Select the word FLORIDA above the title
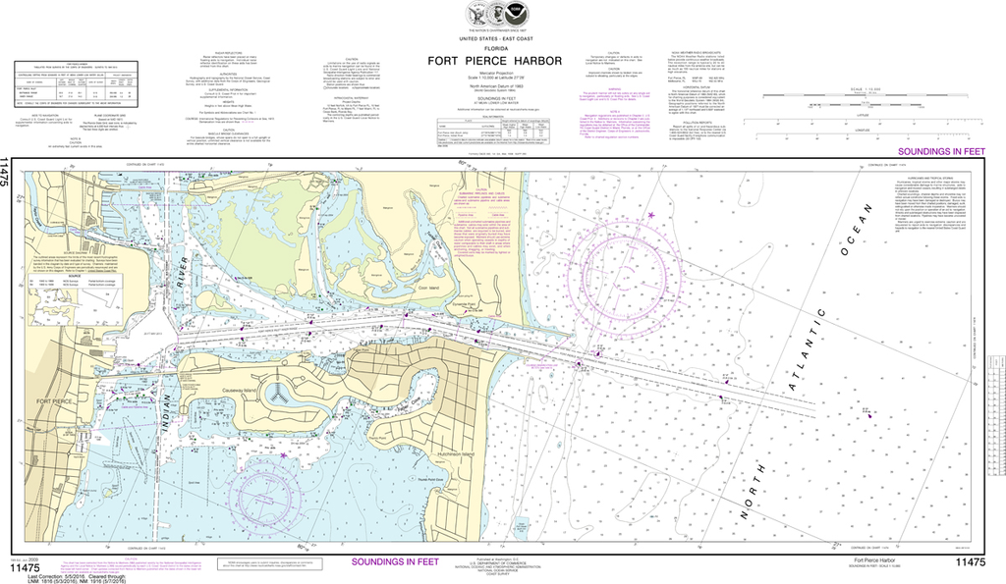click(x=495, y=47)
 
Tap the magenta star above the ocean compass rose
click(x=650, y=215)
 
